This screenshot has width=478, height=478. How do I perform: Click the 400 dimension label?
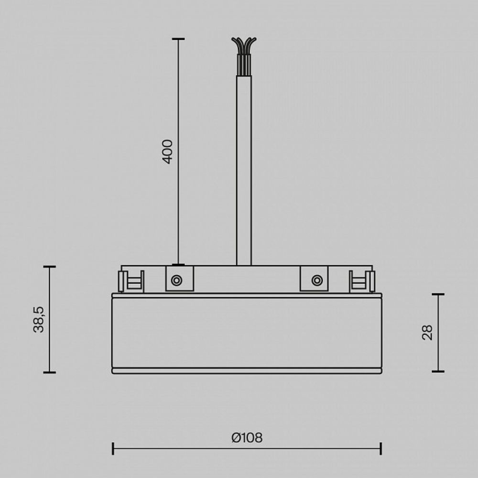coord(167,152)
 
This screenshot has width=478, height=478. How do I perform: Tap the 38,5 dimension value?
coord(39,319)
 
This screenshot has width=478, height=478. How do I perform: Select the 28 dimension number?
coord(427,332)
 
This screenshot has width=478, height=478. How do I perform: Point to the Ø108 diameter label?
coord(247,437)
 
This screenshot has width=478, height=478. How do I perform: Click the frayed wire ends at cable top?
coord(244,45)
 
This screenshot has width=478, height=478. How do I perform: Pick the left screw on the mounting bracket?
coord(176,281)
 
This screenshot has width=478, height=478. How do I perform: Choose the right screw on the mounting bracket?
coord(316,281)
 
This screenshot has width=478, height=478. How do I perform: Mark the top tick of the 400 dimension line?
coord(178,39)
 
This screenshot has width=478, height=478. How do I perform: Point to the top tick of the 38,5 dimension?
coord(49,267)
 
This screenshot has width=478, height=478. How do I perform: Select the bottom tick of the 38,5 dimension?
coord(49,372)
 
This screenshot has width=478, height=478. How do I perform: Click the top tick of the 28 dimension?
coord(438,294)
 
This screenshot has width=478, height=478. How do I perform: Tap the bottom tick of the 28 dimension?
coord(438,371)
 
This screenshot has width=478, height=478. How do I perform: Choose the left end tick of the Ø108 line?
coord(113,448)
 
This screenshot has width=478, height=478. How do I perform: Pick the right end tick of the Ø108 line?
coord(380,448)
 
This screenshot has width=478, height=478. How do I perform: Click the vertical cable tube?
coord(244,172)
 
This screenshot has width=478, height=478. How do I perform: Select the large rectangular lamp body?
coord(247,332)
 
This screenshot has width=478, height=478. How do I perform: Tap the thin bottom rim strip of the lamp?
coord(247,370)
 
